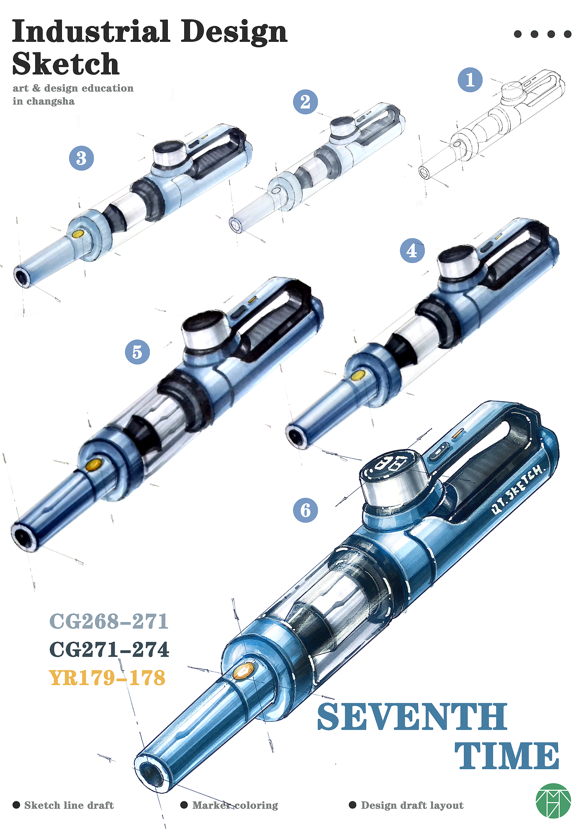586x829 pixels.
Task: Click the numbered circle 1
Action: coord(470,80)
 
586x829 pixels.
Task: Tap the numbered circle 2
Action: coord(305,102)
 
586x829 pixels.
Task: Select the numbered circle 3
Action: coord(81,158)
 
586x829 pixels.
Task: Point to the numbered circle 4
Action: coord(412,251)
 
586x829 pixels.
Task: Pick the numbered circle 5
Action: coord(137,352)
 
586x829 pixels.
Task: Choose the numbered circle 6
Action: coord(306,510)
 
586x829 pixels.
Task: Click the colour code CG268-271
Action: coord(109,621)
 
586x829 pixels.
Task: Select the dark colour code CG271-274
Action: coord(109,649)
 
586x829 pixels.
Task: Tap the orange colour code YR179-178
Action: coord(108,677)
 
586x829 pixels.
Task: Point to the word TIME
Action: coord(507,756)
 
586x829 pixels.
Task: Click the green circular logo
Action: coord(553,801)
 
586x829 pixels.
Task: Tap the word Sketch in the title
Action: coord(66,64)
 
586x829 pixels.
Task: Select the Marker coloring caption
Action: coord(235,805)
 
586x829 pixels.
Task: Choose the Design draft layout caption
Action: coord(412,805)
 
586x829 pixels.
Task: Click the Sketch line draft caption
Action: coord(69,805)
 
